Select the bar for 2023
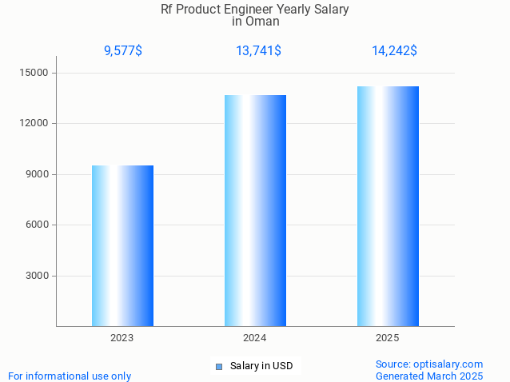click(122, 245)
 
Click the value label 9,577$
click(123, 51)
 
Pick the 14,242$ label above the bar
click(394, 51)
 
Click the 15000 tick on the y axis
click(34, 73)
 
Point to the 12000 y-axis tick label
click(34, 124)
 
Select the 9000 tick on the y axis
click(37, 174)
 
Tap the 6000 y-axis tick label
click(37, 225)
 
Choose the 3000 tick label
click(37, 276)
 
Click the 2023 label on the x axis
click(122, 338)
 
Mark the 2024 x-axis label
click(255, 338)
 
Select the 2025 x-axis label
click(388, 338)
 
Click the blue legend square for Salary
click(218, 367)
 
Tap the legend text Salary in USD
click(261, 366)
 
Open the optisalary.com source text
click(429, 364)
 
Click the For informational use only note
click(70, 376)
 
